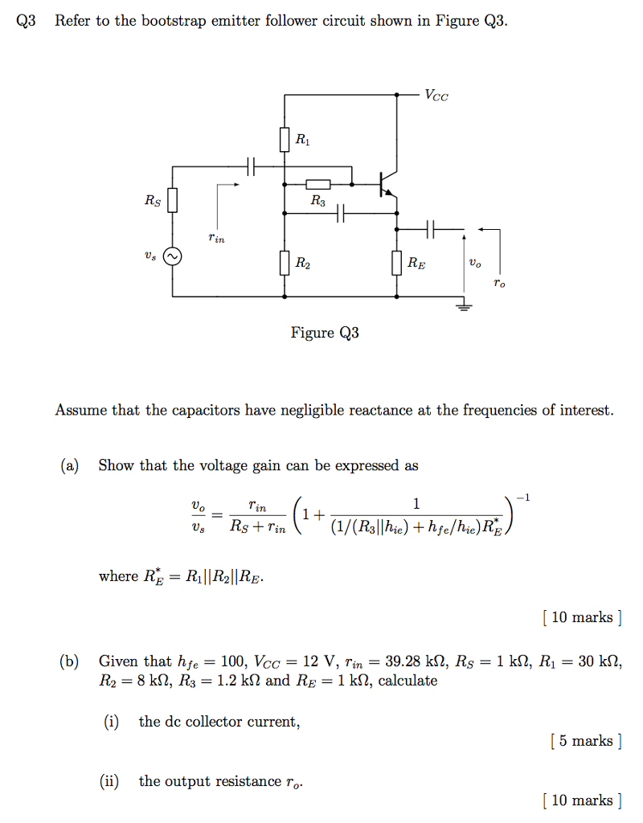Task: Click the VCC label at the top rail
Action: tap(437, 96)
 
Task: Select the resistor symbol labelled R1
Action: tap(285, 141)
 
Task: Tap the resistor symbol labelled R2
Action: tap(285, 262)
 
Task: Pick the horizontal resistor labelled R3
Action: tap(317, 185)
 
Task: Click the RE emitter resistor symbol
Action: tap(398, 262)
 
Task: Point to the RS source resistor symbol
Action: tap(171, 200)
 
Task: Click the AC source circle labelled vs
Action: tap(171, 256)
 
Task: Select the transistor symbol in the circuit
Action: tap(389, 185)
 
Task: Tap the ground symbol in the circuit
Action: tap(464, 304)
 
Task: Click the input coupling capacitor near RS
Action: tap(251, 166)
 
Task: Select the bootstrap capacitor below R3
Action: tap(341, 213)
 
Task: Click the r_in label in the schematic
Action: tap(216, 237)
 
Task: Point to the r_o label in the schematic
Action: tap(500, 284)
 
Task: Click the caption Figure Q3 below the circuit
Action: tap(325, 333)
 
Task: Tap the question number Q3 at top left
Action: tap(27, 22)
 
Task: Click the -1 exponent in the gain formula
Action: tap(523, 498)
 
